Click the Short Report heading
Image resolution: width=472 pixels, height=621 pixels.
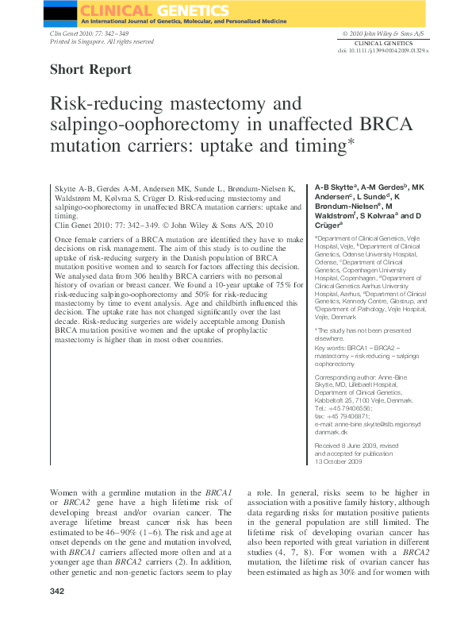point(90,69)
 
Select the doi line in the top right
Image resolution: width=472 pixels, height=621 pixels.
point(383,50)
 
